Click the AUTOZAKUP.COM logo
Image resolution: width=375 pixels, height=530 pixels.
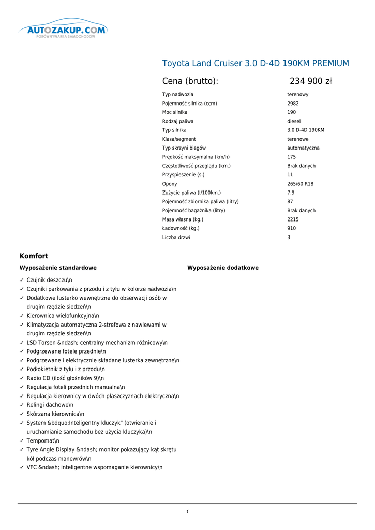63,31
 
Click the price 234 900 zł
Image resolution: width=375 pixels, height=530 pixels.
310,81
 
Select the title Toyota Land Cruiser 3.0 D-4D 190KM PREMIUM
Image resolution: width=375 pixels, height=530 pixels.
256,63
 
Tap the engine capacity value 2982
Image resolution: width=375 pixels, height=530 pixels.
293,104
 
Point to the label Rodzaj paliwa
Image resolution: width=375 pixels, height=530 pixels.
178,121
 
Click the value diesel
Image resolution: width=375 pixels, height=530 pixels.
294,121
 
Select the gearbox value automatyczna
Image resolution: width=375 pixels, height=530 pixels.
303,148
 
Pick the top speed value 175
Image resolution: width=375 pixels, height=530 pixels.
292,157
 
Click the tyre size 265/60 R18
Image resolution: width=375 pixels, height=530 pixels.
300,184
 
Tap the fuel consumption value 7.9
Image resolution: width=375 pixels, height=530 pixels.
291,193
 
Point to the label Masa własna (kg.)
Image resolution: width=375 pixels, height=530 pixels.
183,219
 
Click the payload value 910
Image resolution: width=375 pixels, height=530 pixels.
292,228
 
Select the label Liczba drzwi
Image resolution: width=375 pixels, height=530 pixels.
176,238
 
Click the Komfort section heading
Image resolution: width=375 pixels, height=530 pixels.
34,256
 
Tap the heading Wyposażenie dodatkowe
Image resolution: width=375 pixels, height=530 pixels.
222,268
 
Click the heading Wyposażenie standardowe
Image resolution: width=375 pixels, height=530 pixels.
58,268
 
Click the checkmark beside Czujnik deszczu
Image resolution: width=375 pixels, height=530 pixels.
22,280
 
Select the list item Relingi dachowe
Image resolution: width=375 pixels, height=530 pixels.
50,405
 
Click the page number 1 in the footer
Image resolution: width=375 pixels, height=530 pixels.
187,512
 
